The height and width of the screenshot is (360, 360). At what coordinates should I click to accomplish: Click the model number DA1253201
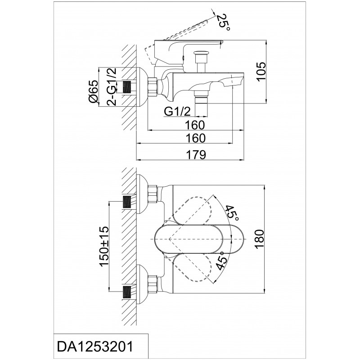(x=95, y=346)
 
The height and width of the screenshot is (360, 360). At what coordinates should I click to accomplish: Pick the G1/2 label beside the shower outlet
(x=177, y=112)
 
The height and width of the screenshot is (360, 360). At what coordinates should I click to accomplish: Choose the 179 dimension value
(x=196, y=155)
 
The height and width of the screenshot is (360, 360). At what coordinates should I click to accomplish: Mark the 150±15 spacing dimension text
(x=104, y=246)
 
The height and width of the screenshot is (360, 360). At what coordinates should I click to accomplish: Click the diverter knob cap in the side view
(x=201, y=54)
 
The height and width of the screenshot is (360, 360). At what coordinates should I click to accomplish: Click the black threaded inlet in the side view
(x=128, y=87)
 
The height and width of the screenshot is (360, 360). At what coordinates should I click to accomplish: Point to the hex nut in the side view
(x=153, y=86)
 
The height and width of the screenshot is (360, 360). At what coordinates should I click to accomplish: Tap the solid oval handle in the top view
(x=199, y=239)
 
